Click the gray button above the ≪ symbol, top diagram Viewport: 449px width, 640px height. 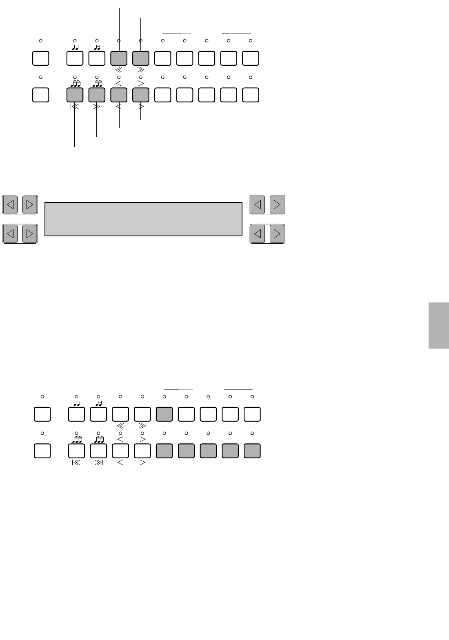(x=119, y=58)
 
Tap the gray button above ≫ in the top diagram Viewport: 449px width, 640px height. (x=141, y=58)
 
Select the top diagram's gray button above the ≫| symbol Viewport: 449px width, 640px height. (x=97, y=95)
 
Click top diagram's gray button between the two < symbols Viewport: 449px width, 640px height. (x=119, y=95)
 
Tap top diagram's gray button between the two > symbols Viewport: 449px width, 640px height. (x=141, y=95)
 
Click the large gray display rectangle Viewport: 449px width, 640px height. (x=143, y=219)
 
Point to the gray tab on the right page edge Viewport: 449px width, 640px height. (x=439, y=325)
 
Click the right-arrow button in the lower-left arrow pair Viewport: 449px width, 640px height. (x=30, y=234)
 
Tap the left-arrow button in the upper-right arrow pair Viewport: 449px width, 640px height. (x=258, y=204)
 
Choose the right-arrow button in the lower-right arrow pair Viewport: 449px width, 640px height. (x=277, y=234)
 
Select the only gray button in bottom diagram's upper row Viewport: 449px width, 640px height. (x=164, y=414)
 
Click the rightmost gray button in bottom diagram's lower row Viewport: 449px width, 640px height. (x=252, y=451)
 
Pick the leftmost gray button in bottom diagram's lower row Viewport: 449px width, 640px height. (x=164, y=451)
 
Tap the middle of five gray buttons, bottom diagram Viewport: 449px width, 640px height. (x=208, y=451)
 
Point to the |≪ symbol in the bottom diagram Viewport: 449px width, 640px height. (x=76, y=463)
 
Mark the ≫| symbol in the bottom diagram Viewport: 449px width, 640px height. (x=98, y=463)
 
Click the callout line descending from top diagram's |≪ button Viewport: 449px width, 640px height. (x=75, y=127)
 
